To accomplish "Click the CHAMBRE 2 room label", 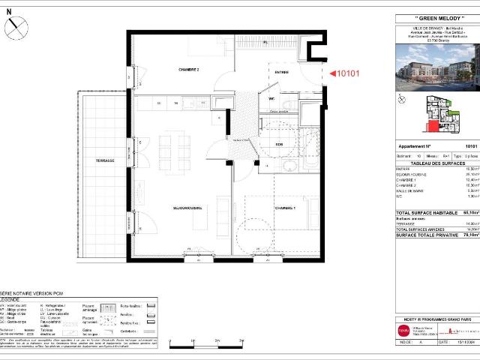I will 187,68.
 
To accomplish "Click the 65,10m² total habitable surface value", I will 470,212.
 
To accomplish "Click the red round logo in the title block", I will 403,329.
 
